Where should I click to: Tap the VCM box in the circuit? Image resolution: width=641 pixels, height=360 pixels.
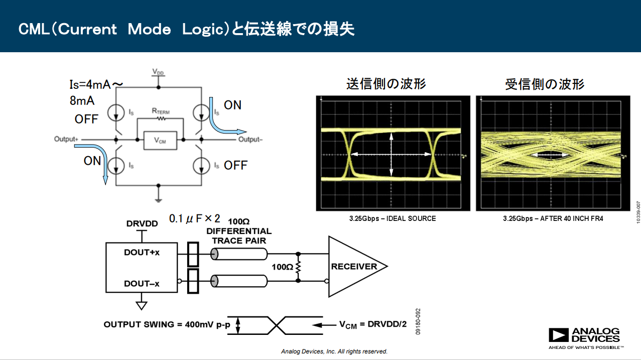160,141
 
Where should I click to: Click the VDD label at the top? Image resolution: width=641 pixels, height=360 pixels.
158,73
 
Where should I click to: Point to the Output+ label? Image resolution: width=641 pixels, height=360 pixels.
67,139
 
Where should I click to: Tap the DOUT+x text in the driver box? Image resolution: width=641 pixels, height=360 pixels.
142,253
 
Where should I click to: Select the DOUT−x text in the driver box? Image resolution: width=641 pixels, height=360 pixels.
142,284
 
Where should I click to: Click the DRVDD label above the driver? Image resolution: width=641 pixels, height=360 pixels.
142,224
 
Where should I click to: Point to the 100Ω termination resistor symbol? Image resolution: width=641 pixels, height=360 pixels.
298,268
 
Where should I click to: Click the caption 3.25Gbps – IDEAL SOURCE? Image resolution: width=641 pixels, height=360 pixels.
393,218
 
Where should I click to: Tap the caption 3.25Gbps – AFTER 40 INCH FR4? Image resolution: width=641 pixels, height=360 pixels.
553,218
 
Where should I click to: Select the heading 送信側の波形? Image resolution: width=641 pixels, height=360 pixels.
386,84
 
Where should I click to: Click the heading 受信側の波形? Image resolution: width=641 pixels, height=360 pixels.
545,84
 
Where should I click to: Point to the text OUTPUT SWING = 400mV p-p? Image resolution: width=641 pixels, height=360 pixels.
167,324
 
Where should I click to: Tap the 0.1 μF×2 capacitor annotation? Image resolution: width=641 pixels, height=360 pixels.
194,219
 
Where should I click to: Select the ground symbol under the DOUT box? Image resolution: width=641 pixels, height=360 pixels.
142,305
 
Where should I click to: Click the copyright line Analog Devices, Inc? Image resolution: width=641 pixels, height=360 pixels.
334,351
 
